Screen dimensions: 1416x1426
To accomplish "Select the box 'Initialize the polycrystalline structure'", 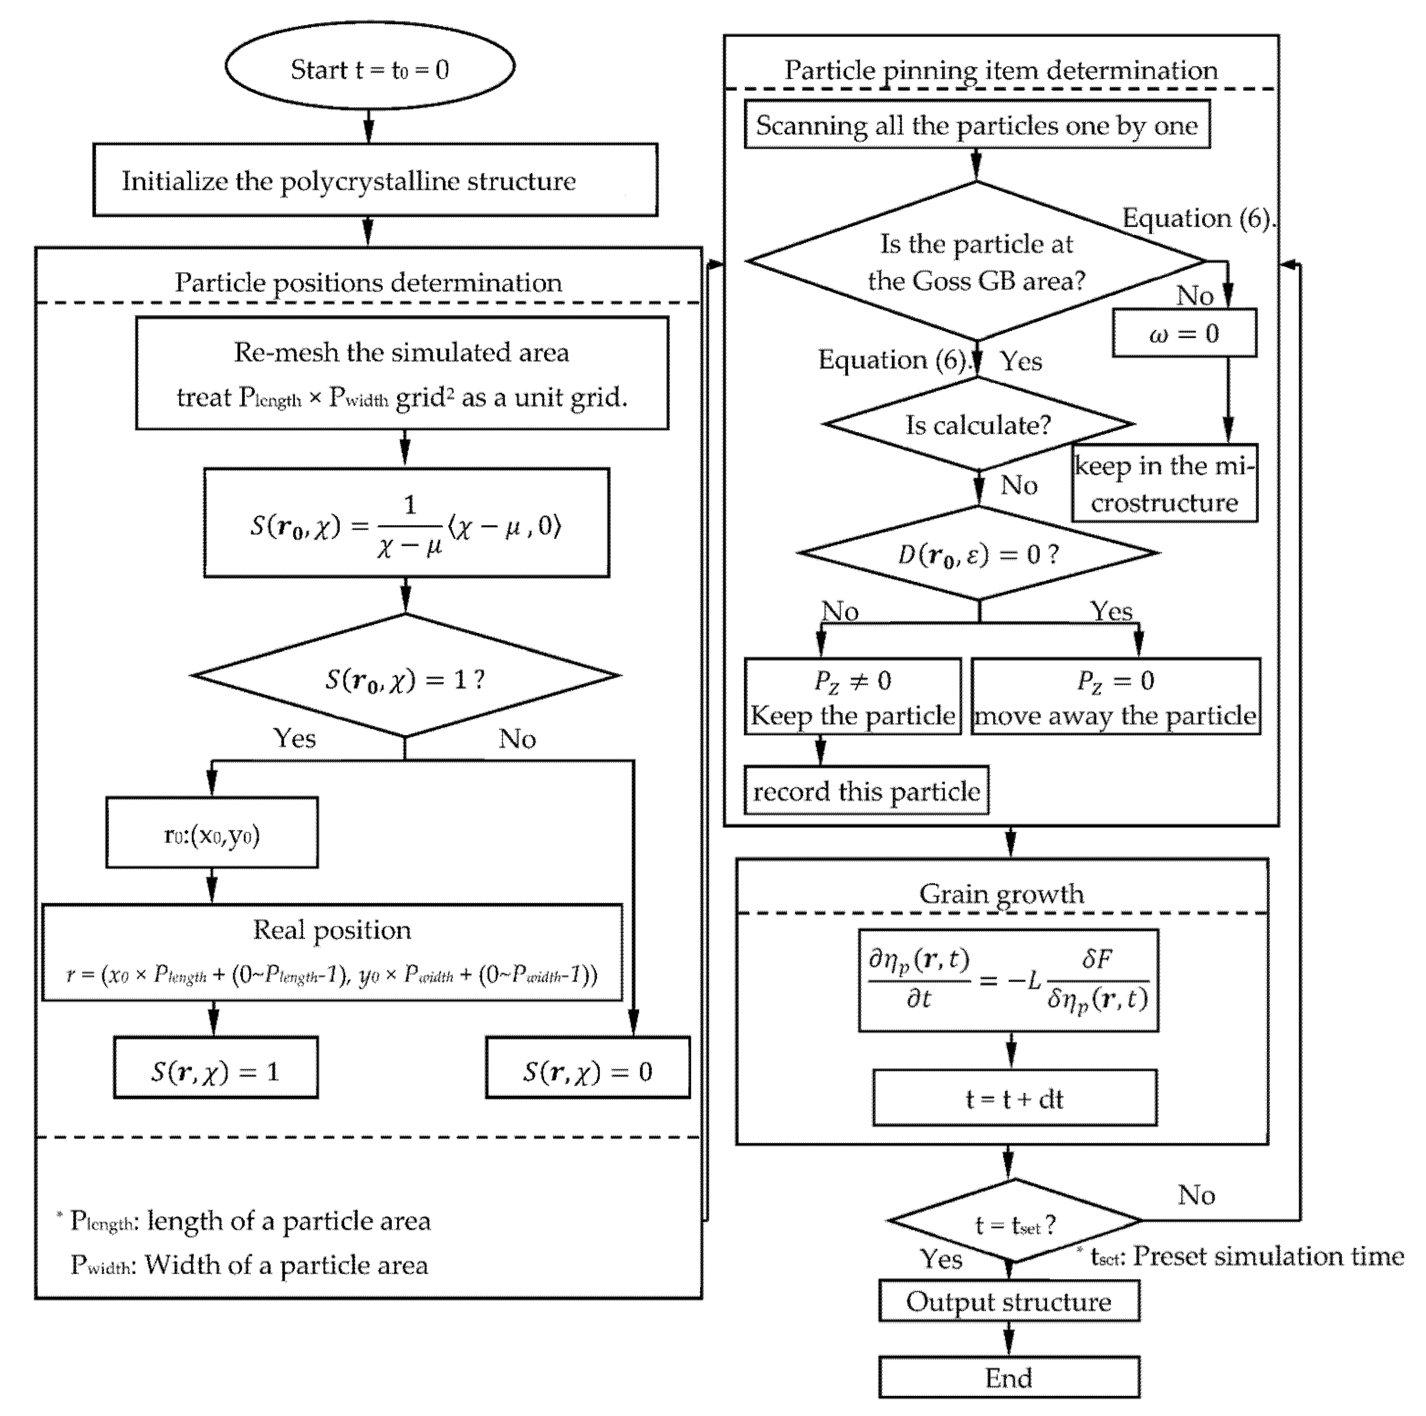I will click(x=375, y=180).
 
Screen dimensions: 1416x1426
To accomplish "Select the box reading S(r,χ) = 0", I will click(x=588, y=1067).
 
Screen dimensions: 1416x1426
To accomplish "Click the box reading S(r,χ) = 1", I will click(x=215, y=1067).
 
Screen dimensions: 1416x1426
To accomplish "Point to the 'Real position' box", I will click(x=332, y=952).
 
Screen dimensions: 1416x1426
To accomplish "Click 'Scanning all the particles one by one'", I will click(x=977, y=125).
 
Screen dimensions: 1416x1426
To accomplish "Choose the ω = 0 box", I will click(x=1184, y=334).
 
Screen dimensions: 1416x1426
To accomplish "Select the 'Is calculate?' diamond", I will click(x=978, y=424).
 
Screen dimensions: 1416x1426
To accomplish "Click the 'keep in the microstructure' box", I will click(x=1164, y=484).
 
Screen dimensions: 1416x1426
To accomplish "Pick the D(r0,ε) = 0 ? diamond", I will click(x=978, y=553).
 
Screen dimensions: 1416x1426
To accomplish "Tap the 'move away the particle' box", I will click(x=1115, y=697).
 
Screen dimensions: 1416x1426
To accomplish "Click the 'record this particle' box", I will click(x=866, y=791).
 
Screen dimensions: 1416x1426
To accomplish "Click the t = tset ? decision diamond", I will click(x=1014, y=1221).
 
